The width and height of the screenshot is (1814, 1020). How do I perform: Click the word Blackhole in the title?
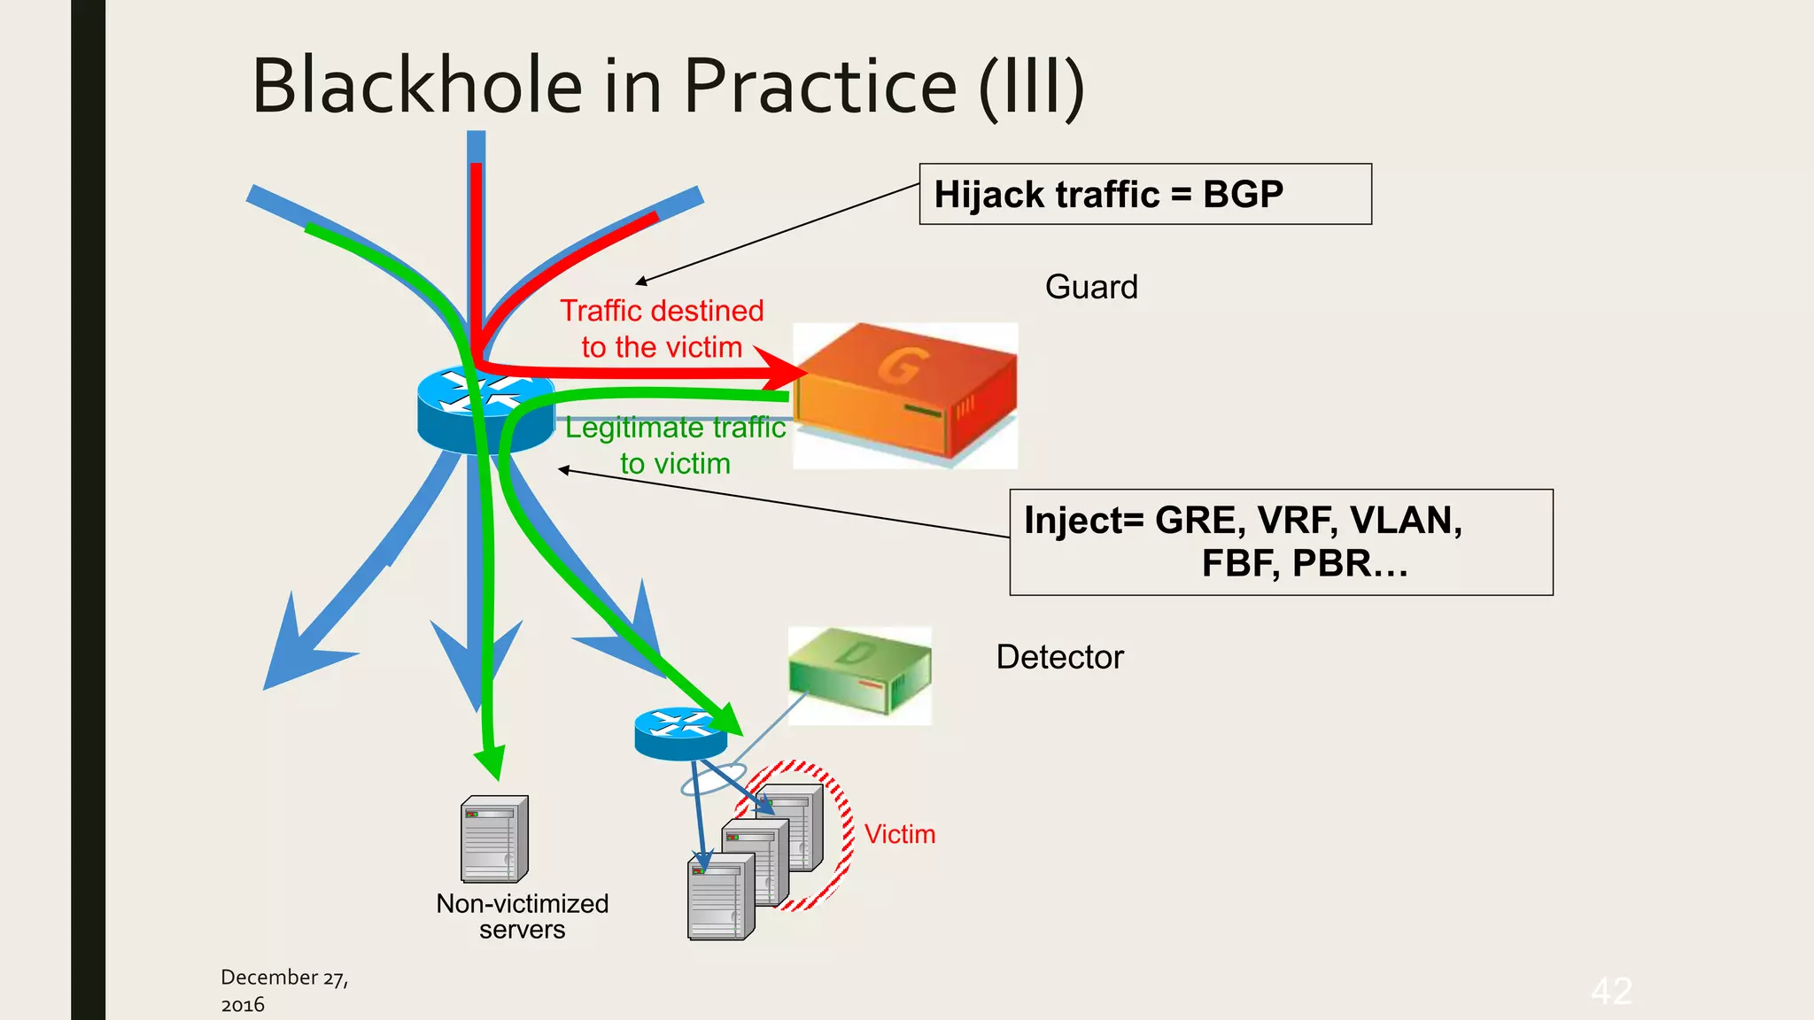(416, 86)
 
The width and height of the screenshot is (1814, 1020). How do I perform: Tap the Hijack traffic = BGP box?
(1144, 194)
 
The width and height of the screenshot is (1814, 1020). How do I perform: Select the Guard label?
(1090, 287)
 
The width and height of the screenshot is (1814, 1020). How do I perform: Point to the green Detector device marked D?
(859, 675)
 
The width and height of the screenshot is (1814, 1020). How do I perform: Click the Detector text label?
(1059, 657)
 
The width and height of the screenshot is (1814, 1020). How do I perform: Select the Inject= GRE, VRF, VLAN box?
(1281, 542)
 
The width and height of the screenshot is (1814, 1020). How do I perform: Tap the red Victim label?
(899, 834)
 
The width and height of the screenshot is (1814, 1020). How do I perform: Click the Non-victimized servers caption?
(522, 916)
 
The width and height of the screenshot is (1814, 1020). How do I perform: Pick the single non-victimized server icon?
(494, 838)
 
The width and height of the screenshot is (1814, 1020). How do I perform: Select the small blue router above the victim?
(680, 733)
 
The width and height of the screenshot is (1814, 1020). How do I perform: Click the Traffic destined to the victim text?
(662, 328)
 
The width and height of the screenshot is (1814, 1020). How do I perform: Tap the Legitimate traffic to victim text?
(675, 445)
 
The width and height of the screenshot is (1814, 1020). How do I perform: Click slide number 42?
(1610, 990)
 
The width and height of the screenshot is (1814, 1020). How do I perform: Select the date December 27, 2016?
(283, 990)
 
